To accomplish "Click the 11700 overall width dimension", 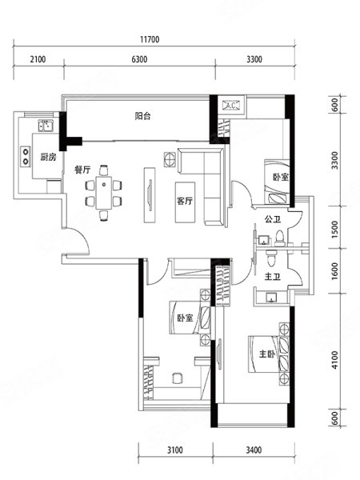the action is [x=150, y=39].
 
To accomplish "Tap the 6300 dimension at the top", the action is [x=139, y=59].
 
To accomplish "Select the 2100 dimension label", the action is [x=38, y=59].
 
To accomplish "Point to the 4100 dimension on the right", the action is [x=335, y=360].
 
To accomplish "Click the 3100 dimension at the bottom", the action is [x=175, y=450].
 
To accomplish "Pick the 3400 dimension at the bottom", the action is [x=254, y=450].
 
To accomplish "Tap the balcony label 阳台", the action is [x=143, y=116].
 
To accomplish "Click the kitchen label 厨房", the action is [x=48, y=158].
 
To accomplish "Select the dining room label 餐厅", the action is [x=82, y=170].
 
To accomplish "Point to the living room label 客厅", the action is [x=185, y=201].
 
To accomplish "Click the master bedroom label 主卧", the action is [x=267, y=354].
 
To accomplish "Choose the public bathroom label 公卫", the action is [x=273, y=219].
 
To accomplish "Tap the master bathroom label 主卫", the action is [x=273, y=277].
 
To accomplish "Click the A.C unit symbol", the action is [x=231, y=106].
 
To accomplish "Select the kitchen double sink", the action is [x=46, y=126].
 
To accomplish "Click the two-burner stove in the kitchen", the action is [x=26, y=157].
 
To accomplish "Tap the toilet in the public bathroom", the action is [x=279, y=238].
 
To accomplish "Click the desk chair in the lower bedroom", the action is [x=178, y=378].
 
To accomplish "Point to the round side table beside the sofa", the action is [x=170, y=159].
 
